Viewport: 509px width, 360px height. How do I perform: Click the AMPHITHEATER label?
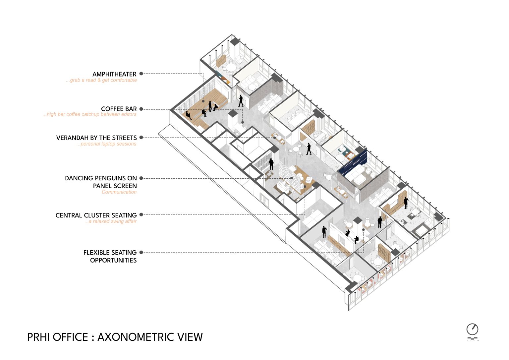pos(114,74)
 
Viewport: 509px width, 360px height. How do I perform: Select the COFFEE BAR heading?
pos(119,109)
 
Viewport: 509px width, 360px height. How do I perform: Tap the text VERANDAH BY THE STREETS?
pos(96,138)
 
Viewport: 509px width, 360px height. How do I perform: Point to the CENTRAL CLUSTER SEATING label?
pos(96,215)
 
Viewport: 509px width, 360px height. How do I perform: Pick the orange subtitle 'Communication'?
pos(119,192)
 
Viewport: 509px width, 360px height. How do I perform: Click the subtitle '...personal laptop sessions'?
pos(106,144)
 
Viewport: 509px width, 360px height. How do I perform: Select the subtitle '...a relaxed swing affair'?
pos(110,221)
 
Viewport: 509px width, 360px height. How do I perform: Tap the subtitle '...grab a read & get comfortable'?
pos(101,80)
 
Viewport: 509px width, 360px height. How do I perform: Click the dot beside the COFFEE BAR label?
pos(141,109)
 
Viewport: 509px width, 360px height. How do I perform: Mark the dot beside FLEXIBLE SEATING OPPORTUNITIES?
pos(141,252)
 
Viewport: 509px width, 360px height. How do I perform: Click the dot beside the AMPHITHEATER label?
pos(141,73)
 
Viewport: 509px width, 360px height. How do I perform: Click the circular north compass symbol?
pos(473,330)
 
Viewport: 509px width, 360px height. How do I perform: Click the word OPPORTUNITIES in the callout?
pos(113,260)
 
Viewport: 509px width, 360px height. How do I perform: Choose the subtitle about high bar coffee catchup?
pos(89,114)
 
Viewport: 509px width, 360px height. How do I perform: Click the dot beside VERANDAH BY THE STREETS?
pos(141,137)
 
